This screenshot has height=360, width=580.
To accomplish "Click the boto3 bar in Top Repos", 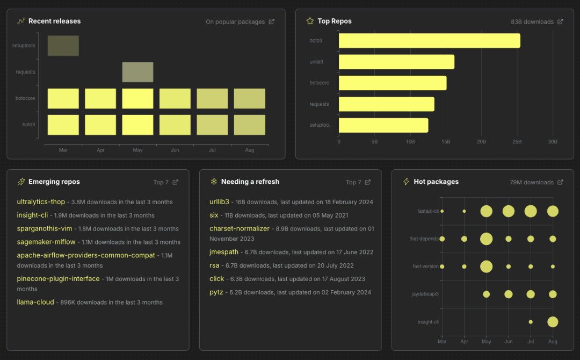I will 429,41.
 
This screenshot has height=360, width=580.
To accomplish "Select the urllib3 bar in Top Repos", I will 396,62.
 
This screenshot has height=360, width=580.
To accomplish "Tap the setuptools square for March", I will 63,46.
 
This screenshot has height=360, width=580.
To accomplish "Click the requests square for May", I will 137,72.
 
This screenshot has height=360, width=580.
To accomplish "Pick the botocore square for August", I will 250,99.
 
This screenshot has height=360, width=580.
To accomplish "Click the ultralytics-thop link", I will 41,202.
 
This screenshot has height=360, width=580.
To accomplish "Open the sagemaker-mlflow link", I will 46,242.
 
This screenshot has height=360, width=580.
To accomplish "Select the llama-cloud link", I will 35,302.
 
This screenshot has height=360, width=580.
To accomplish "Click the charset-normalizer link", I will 240,228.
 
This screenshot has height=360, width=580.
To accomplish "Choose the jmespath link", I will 224,251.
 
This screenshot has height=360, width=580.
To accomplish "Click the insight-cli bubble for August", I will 553,322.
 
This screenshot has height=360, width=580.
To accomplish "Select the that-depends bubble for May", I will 487,239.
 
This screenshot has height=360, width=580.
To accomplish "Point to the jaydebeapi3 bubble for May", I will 487,294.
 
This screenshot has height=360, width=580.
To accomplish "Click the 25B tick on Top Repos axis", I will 517,142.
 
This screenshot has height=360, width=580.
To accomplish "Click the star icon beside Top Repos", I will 310,21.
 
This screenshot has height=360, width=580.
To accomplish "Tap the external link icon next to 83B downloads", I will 561,22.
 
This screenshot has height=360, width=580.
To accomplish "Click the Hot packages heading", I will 436,182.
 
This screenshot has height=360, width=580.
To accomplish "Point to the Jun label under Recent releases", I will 175,150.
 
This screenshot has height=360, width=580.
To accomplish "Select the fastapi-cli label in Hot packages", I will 428,211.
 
